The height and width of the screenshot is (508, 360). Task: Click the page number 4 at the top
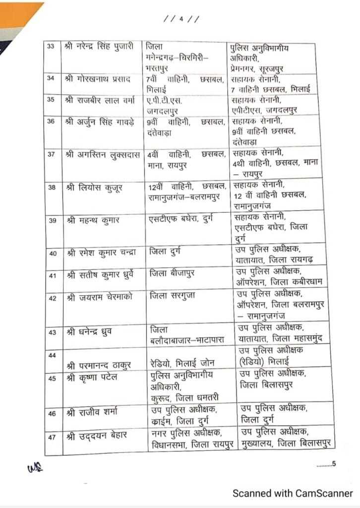181,19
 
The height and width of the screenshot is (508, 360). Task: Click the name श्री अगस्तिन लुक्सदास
102,154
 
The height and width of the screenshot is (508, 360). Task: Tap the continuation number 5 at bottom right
334,464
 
